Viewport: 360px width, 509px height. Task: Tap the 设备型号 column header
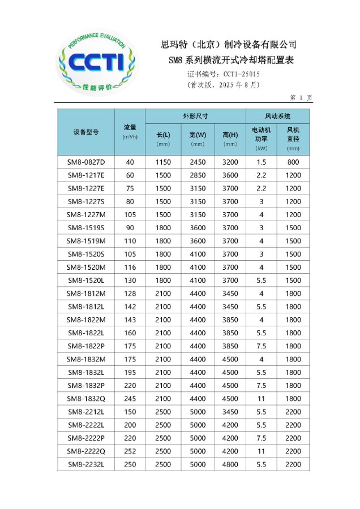click(x=86, y=132)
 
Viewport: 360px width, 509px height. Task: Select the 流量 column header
click(x=130, y=131)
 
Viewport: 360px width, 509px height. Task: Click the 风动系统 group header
click(x=277, y=116)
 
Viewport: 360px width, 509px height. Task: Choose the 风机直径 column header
click(x=293, y=138)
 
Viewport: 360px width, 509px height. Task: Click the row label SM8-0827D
click(x=86, y=162)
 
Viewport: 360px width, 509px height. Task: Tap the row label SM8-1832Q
click(x=86, y=398)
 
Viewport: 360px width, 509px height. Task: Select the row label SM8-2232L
click(x=86, y=464)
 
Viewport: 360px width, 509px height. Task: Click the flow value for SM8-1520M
click(x=130, y=267)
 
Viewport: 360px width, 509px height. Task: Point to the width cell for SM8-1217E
click(x=198, y=175)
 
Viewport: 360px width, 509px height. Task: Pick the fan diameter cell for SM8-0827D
click(x=293, y=162)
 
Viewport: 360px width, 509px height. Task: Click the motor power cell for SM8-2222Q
click(x=261, y=451)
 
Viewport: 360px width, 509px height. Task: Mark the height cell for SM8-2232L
click(x=230, y=464)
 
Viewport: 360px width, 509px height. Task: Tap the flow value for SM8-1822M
click(x=130, y=320)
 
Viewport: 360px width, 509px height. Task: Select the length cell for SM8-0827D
click(x=163, y=162)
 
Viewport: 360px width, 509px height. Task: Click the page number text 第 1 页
click(x=301, y=97)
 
